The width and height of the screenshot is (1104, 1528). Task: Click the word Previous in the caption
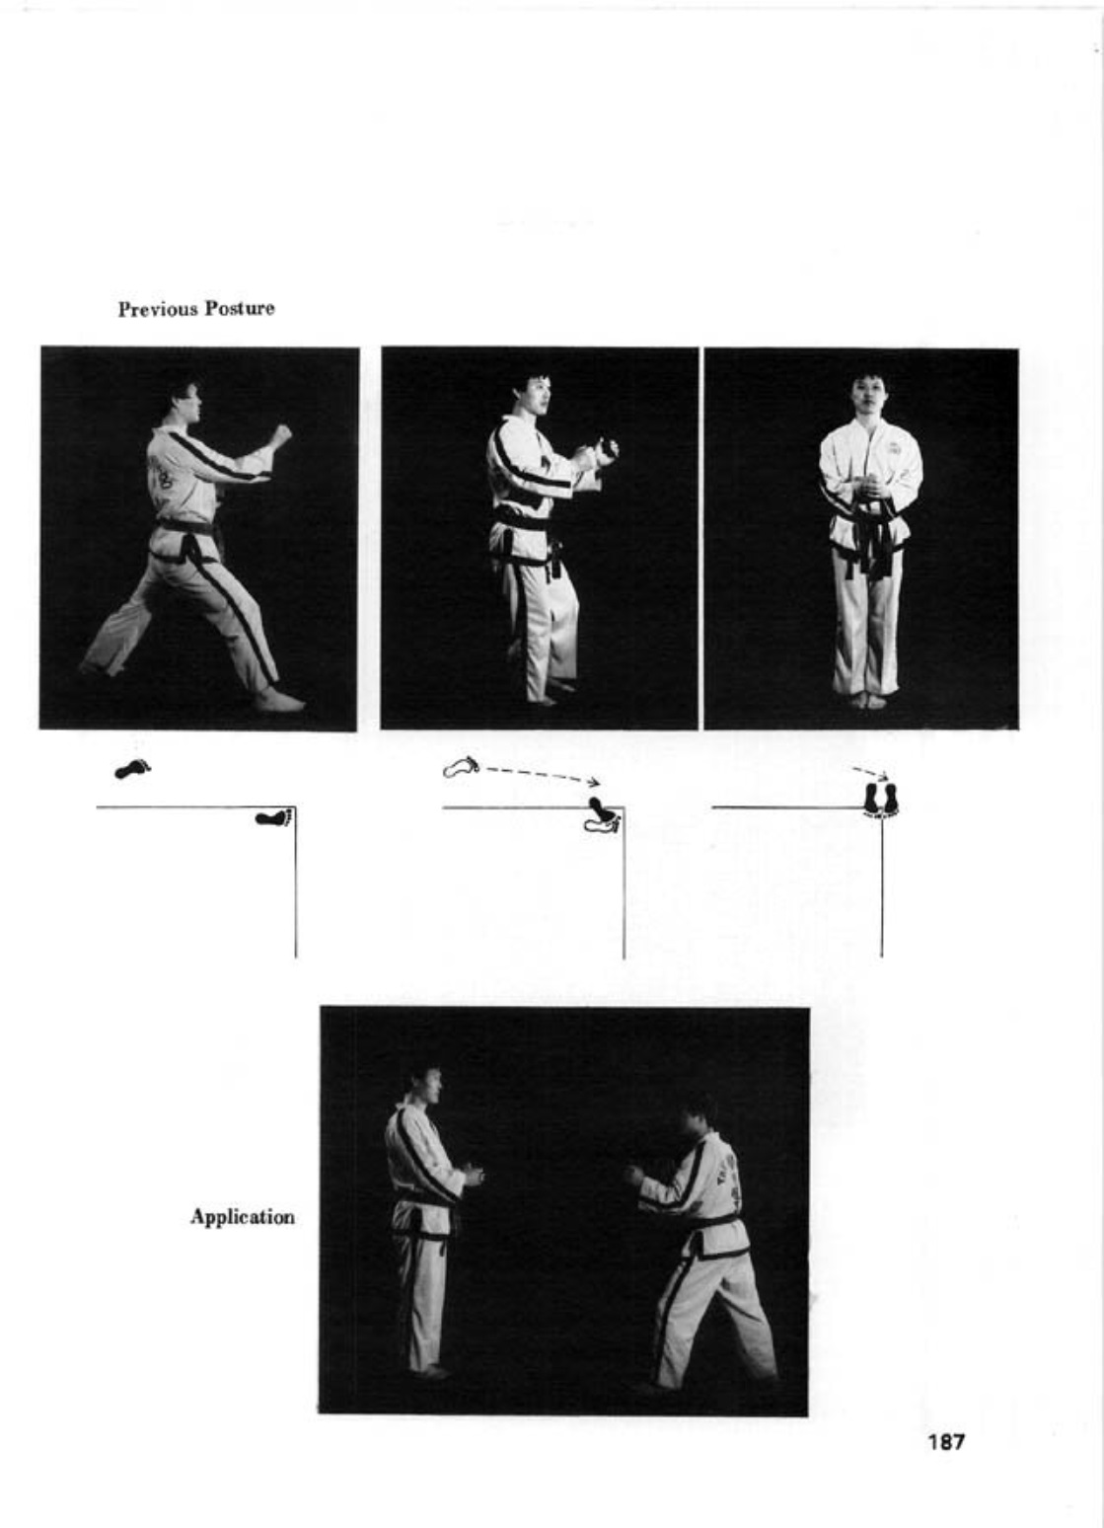[159, 309]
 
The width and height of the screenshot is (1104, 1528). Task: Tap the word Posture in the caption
[240, 309]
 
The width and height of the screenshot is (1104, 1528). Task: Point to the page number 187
[946, 1441]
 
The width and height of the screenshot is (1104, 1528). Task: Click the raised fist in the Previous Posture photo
[280, 434]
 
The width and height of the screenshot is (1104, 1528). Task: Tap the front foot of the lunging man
[280, 701]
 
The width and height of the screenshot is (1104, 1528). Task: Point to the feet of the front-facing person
[868, 700]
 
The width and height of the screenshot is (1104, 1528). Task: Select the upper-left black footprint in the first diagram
[132, 770]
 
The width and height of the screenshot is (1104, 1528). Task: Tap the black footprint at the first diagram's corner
[274, 816]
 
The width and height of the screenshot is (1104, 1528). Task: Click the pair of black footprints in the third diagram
[882, 799]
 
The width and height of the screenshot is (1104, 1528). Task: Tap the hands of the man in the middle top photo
[598, 453]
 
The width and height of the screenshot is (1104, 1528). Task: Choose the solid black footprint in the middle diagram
[602, 807]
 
